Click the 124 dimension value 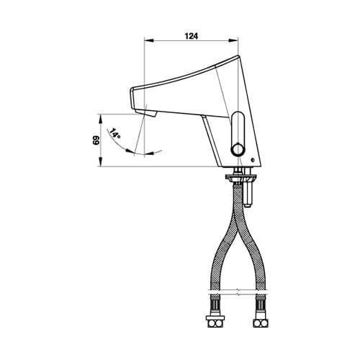click(192, 36)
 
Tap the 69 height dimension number click(96, 140)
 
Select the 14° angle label click(115, 134)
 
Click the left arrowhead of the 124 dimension click(148, 40)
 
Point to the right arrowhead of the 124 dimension click(233, 40)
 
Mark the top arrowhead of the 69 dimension click(101, 119)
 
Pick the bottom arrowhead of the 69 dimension click(101, 161)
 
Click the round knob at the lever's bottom click(238, 150)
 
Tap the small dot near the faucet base click(252, 160)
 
